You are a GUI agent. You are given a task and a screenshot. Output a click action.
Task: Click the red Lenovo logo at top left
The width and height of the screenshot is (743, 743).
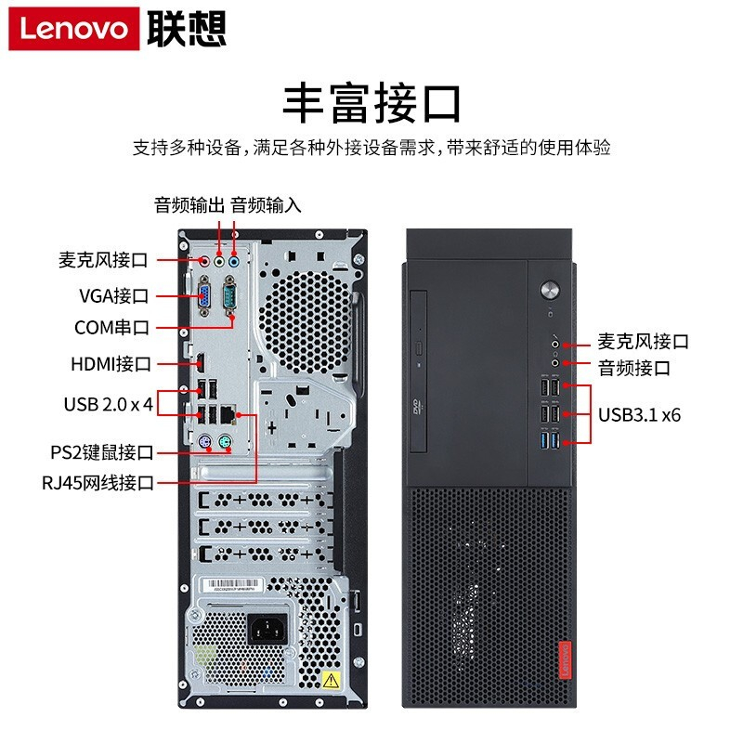coord(74,29)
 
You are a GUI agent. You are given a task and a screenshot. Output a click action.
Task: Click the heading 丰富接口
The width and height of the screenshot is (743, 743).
coord(371,103)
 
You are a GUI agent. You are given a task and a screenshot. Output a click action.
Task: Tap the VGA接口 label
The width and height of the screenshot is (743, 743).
coord(113,296)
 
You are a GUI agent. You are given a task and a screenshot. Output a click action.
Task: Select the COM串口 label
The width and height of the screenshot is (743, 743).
coord(111,328)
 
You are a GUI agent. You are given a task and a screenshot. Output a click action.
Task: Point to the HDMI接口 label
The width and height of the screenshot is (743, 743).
coord(111,364)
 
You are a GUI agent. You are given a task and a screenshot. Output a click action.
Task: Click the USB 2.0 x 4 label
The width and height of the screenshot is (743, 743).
coord(109,404)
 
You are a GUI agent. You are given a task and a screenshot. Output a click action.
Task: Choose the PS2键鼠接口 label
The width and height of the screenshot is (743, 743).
coord(102,452)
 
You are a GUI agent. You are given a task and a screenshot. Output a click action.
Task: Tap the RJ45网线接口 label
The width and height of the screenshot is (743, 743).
coord(98,483)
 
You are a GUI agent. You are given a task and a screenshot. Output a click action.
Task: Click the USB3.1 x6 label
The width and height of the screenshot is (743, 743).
coord(639,415)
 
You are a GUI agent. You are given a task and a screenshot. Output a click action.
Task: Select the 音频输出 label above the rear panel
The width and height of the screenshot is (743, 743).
coord(189,205)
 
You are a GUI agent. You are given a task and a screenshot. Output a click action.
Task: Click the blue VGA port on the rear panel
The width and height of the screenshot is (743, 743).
coord(204,296)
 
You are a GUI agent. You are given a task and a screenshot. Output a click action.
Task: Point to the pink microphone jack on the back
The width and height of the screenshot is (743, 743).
coord(204,261)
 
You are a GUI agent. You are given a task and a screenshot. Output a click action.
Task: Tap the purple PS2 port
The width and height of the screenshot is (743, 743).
coord(204,442)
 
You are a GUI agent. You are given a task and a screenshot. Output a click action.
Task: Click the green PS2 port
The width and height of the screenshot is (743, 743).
coord(226,442)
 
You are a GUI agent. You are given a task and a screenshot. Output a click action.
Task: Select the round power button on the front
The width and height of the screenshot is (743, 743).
coord(550,289)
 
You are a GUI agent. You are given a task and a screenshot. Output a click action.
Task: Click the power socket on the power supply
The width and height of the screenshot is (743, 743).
coord(268,629)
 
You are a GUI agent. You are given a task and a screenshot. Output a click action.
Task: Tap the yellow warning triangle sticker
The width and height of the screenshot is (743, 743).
coord(331,680)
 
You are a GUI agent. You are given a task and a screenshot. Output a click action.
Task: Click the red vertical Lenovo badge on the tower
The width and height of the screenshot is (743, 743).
coord(565,660)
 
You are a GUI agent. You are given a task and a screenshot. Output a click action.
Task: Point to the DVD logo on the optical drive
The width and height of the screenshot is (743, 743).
coord(417,407)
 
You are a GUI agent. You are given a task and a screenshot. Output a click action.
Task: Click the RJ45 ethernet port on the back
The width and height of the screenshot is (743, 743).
coord(228,414)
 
